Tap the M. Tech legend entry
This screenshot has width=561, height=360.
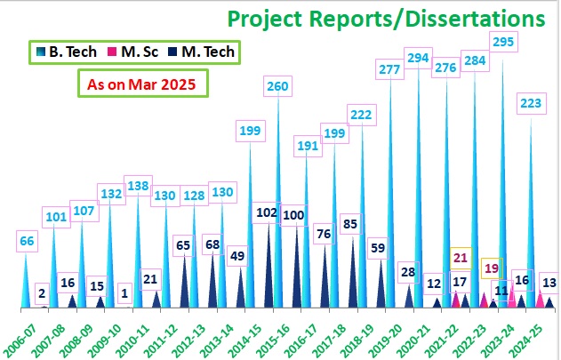pos(200,52)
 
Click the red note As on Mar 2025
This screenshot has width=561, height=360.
pos(141,85)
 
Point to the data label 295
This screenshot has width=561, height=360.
pos(503,43)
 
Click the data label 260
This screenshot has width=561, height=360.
pos(277,86)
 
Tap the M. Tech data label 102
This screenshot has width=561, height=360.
pos(267,213)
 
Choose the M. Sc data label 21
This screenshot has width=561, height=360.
pos(460,259)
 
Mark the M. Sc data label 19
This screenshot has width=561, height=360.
pos(491,267)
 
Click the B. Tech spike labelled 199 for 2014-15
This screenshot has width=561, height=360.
pos(250,231)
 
